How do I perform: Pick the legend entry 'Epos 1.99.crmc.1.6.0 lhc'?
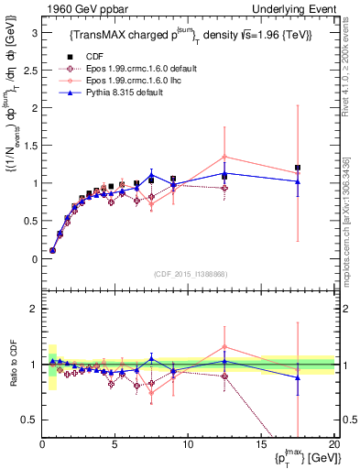click(125, 81)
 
